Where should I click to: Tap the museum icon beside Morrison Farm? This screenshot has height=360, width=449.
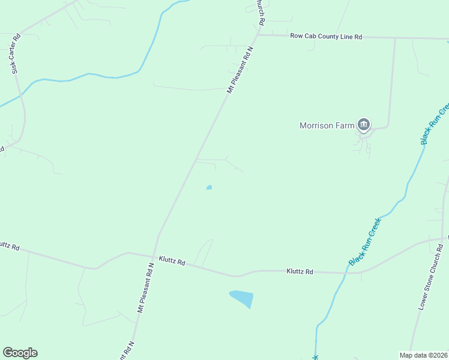(363, 125)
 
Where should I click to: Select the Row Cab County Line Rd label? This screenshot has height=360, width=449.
(326, 37)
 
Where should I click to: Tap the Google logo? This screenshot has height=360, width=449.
(20, 353)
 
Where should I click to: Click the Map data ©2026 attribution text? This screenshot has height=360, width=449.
(423, 355)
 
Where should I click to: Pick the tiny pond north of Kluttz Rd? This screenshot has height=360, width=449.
(209, 187)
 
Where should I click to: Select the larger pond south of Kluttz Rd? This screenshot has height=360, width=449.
(241, 298)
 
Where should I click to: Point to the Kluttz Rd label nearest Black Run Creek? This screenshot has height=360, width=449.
(300, 272)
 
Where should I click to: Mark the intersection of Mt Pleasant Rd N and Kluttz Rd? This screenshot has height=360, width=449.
(152, 257)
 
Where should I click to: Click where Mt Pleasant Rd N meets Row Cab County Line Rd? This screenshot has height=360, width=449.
(258, 35)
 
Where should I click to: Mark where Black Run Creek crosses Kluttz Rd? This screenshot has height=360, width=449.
(346, 273)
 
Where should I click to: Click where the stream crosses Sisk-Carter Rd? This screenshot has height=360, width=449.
(21, 94)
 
